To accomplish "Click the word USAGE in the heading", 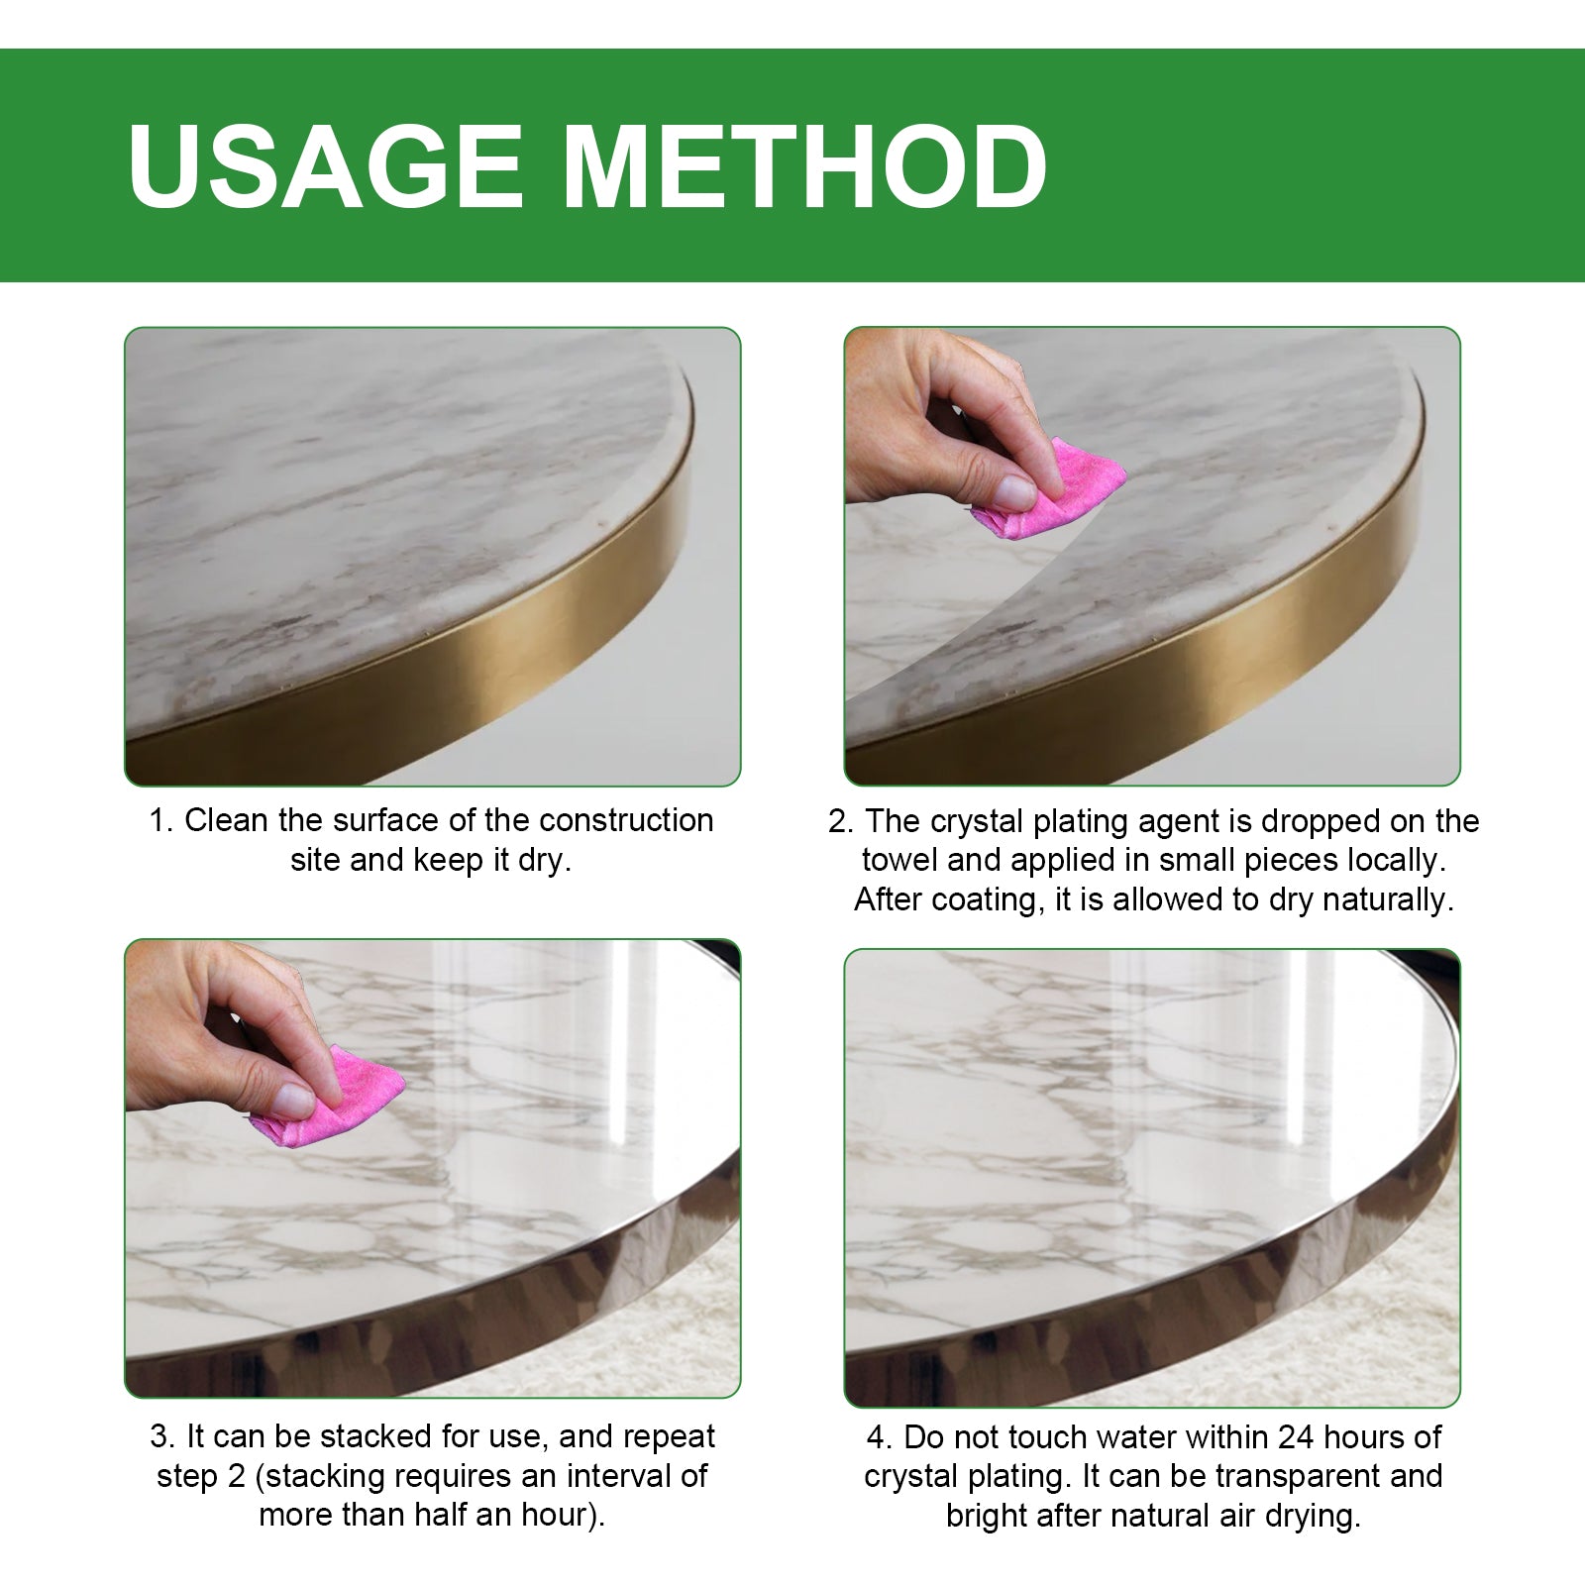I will [x=325, y=166].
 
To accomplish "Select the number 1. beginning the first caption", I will [x=161, y=821].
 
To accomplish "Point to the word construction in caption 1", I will [x=625, y=820].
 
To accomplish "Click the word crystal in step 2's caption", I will [x=976, y=821].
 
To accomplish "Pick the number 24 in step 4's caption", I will [x=1296, y=1436].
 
